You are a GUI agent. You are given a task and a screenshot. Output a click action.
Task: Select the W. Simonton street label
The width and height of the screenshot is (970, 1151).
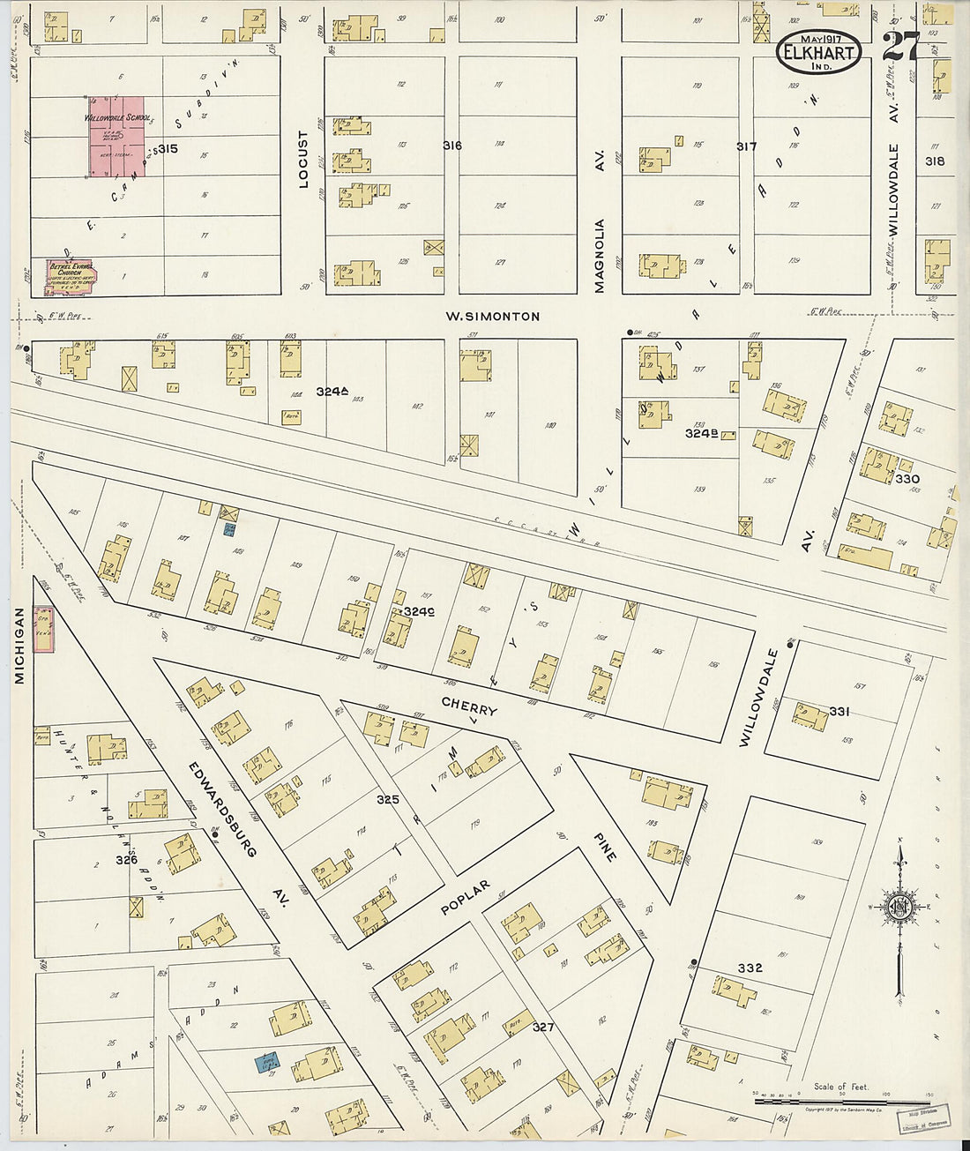[x=492, y=316]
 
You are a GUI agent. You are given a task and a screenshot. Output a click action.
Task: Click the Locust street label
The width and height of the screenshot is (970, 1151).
[x=303, y=160]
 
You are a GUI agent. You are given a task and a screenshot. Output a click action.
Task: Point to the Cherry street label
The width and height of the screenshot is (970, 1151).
[x=469, y=707]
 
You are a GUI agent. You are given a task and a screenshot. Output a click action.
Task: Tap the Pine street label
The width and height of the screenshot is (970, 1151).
[x=604, y=846]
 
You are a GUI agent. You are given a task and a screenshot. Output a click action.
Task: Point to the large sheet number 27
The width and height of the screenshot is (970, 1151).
[x=900, y=46]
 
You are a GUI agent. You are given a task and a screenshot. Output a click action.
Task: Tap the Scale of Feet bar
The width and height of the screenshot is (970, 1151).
[x=841, y=1101]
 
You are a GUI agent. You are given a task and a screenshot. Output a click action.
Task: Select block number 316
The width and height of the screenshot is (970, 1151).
[x=452, y=146]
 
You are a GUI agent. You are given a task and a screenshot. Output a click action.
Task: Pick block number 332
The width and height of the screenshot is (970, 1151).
[x=750, y=968]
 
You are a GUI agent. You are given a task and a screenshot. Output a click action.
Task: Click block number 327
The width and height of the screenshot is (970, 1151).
[x=543, y=1027]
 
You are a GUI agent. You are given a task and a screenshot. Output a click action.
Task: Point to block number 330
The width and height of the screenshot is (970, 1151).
[x=907, y=479]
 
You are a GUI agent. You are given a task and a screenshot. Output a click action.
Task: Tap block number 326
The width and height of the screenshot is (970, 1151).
[x=127, y=859]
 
